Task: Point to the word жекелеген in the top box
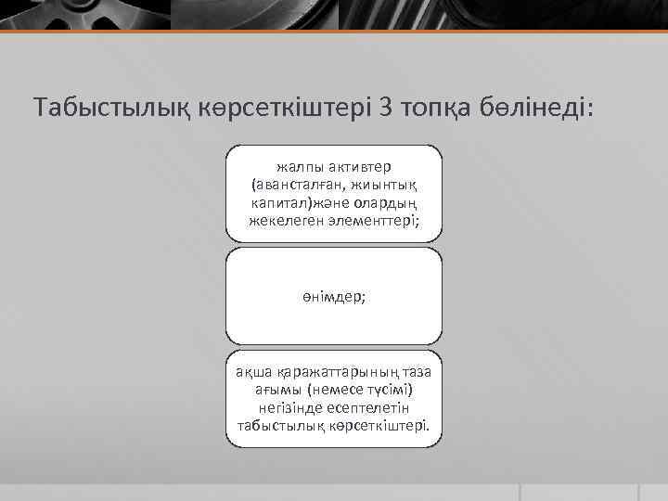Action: pyautogui.click(x=285, y=221)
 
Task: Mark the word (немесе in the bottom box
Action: pyautogui.click(x=328, y=390)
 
